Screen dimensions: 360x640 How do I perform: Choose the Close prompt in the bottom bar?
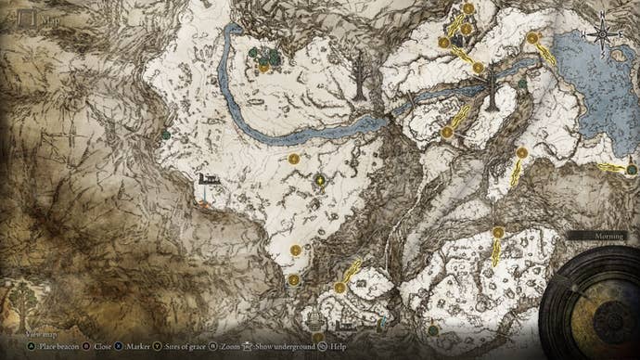pyautogui.click(x=102, y=346)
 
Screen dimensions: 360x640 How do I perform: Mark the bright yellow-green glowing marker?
pyautogui.click(x=320, y=180)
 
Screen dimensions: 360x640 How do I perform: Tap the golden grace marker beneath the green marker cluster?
pyautogui.click(x=264, y=68)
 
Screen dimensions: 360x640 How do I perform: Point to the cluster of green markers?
pyautogui.click(x=264, y=56)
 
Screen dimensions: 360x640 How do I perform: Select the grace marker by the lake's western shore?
pyautogui.click(x=532, y=39)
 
